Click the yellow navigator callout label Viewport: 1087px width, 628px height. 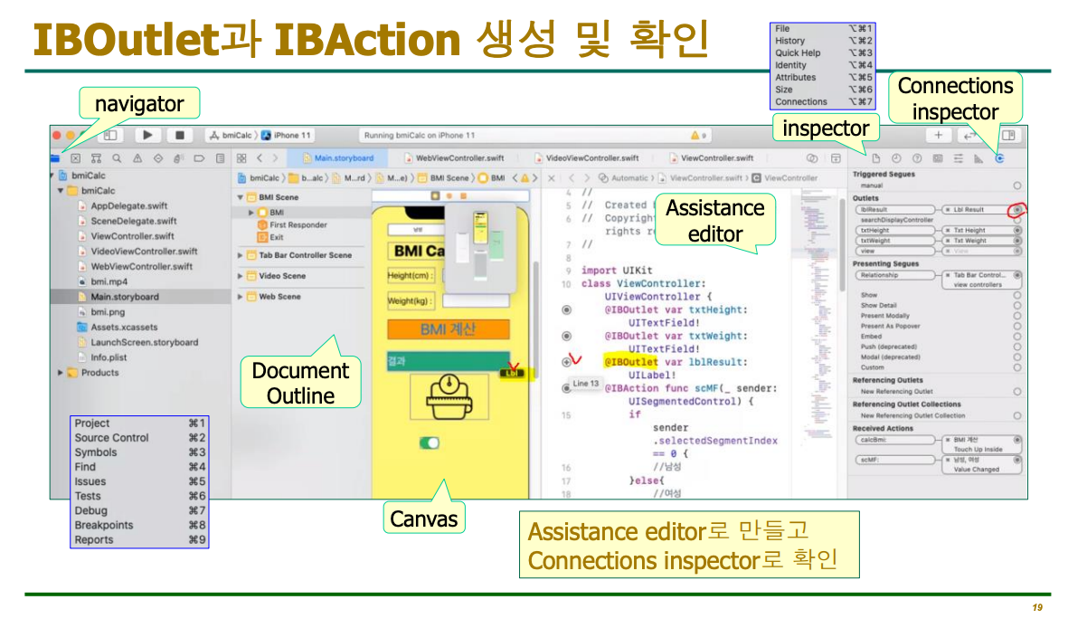139,104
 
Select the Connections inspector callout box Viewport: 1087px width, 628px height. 955,99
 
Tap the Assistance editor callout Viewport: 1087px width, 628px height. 714,221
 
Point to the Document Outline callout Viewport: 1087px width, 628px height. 299,383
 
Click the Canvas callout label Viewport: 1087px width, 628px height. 424,519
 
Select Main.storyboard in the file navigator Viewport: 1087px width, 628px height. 124,297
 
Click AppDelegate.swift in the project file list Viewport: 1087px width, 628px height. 128,205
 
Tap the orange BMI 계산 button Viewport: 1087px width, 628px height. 448,329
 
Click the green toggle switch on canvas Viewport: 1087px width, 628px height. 430,442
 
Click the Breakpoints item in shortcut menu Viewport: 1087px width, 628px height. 104,525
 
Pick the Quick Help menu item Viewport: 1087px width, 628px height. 798,53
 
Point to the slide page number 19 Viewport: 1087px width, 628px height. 1036,607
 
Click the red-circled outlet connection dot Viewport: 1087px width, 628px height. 1017,209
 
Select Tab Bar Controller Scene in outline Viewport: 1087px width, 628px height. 305,255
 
